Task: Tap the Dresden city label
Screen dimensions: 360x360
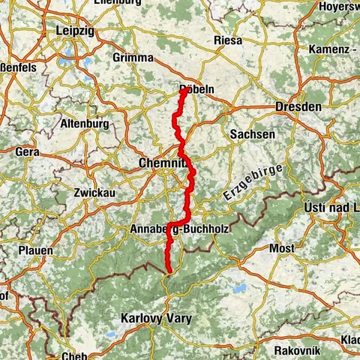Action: (x=298, y=107)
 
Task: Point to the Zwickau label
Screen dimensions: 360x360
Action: (x=93, y=192)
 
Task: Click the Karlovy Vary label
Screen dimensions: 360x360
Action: (x=156, y=319)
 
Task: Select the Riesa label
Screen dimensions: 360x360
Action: (x=228, y=40)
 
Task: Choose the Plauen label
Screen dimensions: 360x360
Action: (x=36, y=250)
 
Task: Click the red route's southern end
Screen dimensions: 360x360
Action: (x=169, y=271)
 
